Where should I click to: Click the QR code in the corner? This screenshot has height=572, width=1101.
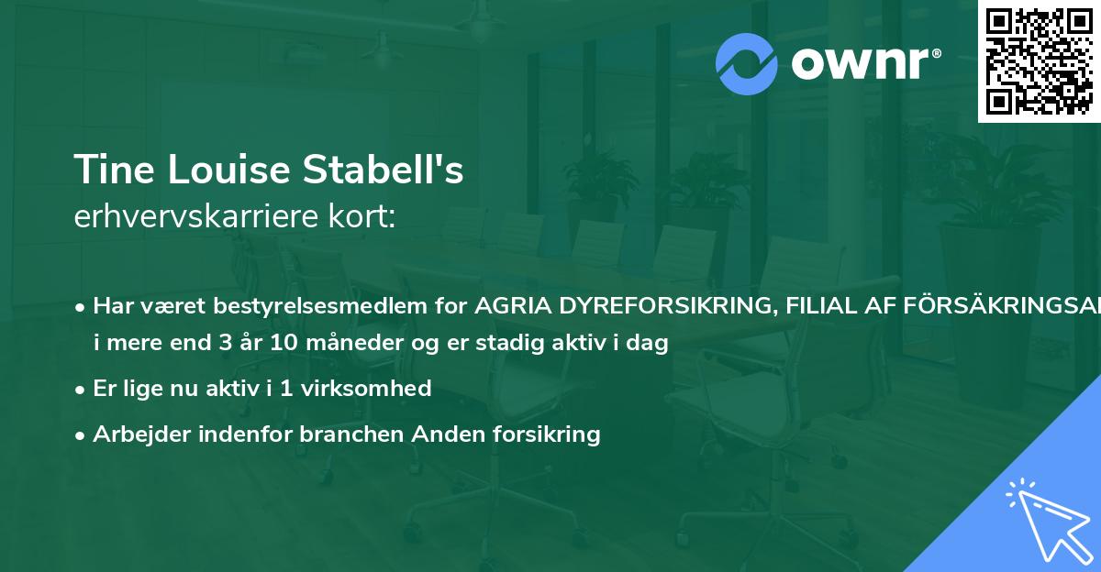click(x=1039, y=60)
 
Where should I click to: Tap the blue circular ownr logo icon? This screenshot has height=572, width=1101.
click(x=746, y=64)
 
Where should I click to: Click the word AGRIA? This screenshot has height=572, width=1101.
click(x=507, y=305)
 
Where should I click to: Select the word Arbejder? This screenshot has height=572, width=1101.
click(x=135, y=434)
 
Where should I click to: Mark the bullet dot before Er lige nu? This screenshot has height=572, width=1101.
click(x=82, y=389)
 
